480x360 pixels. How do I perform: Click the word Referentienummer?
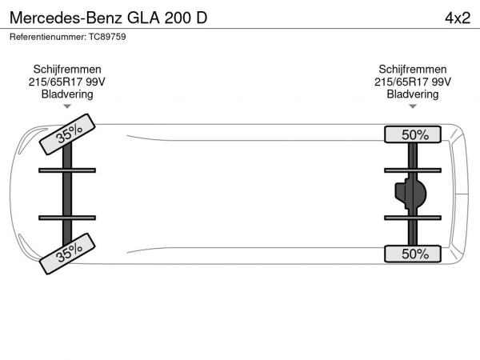[x=46, y=37]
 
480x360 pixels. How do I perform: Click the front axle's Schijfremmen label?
[x=67, y=70]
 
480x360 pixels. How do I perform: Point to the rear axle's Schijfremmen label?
[x=413, y=70]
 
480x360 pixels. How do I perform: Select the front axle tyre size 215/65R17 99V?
[x=67, y=82]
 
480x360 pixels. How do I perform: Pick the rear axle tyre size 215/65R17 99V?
[x=413, y=82]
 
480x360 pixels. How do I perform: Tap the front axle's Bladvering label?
[x=67, y=94]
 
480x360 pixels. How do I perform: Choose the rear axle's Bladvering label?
[x=413, y=94]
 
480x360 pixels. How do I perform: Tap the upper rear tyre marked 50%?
[x=413, y=134]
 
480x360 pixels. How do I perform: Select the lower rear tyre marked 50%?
[x=413, y=254]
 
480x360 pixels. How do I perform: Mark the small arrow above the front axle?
[x=67, y=106]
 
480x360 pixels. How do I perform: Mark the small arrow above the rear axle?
[x=413, y=106]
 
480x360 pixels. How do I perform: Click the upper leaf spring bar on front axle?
[x=67, y=170]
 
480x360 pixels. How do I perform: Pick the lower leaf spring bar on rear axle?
[x=412, y=217]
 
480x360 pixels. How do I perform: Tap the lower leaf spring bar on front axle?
[x=67, y=217]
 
